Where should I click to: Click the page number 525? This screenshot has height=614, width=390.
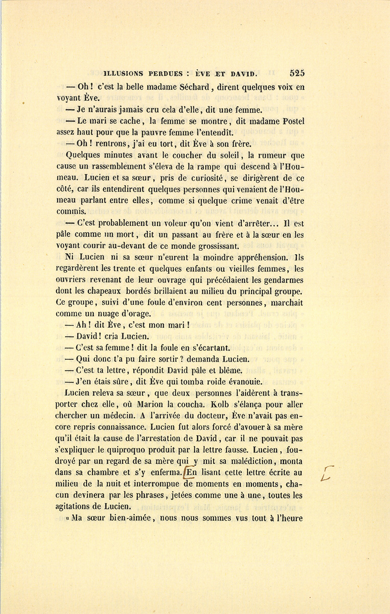click(297, 73)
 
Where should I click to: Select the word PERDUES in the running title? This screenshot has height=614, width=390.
click(165, 74)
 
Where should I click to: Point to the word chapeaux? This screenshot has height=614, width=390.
click(104, 291)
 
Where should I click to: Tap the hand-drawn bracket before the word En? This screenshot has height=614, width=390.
click(185, 472)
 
